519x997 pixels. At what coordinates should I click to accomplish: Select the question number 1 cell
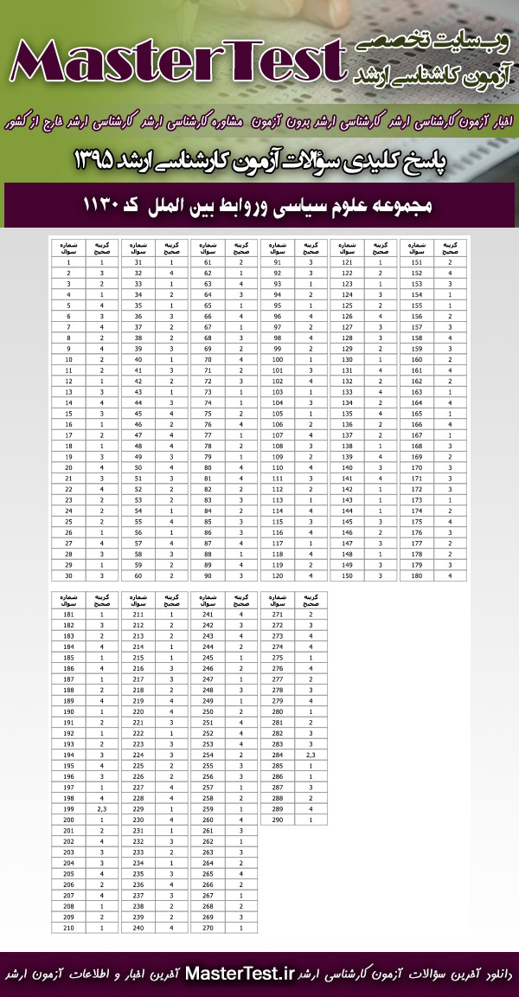pyautogui.click(x=68, y=261)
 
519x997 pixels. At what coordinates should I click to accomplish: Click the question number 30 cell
pyautogui.click(x=68, y=575)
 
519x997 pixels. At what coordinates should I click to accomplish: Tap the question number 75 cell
pyautogui.click(x=208, y=413)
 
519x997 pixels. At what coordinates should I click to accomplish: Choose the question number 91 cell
pyautogui.click(x=278, y=261)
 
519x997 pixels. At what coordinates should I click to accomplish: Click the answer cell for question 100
pyautogui.click(x=311, y=358)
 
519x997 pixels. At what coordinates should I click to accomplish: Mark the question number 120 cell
pyautogui.click(x=278, y=575)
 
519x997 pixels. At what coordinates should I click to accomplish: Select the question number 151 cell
pyautogui.click(x=418, y=261)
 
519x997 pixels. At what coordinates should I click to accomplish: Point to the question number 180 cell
pyautogui.click(x=418, y=575)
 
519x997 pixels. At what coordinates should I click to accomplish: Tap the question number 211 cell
pyautogui.click(x=138, y=614)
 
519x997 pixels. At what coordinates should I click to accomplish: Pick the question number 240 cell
pyautogui.click(x=138, y=927)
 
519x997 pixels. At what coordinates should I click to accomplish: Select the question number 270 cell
pyautogui.click(x=208, y=927)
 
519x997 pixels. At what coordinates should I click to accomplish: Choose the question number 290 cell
pyautogui.click(x=278, y=819)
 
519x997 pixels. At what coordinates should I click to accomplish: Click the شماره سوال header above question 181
pyautogui.click(x=68, y=598)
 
